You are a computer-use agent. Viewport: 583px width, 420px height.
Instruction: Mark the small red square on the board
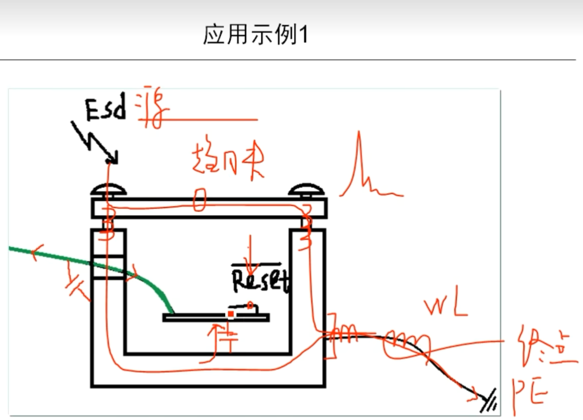231,314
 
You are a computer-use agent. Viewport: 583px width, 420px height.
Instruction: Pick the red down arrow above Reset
251,256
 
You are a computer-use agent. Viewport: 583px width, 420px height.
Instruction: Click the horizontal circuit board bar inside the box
216,318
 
